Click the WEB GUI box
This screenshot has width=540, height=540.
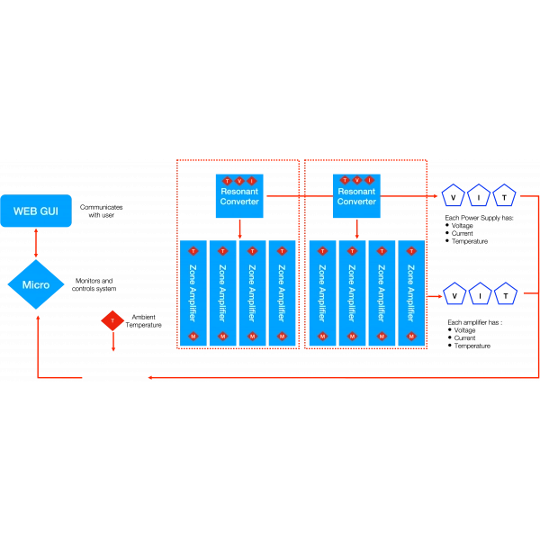tap(36, 211)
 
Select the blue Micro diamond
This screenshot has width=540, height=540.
tap(36, 285)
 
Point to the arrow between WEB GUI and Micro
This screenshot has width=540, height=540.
tap(36, 244)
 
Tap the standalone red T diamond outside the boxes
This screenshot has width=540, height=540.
tap(112, 320)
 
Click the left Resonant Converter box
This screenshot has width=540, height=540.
tap(239, 194)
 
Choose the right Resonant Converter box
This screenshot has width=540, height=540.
tap(356, 194)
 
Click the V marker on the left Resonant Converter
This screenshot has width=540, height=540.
tap(239, 181)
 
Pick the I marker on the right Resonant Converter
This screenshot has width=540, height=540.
tap(368, 181)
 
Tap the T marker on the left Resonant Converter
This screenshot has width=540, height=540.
tap(228, 181)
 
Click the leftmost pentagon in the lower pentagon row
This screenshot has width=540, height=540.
tap(454, 293)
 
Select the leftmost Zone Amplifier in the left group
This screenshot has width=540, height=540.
tap(193, 292)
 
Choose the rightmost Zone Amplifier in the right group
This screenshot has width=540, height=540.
tap(411, 292)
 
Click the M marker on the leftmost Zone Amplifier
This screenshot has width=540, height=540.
tap(193, 337)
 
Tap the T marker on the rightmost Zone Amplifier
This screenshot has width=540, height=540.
tap(411, 250)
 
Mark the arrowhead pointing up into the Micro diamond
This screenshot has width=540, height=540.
tap(37, 315)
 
